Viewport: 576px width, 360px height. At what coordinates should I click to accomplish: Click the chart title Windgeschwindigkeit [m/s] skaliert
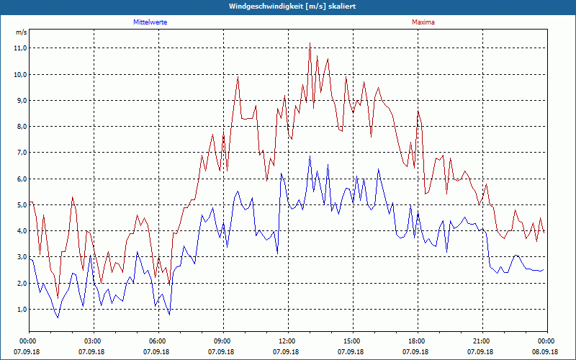pyautogui.click(x=287, y=6)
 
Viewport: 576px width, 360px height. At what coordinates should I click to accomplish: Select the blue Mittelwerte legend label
pyautogui.click(x=150, y=22)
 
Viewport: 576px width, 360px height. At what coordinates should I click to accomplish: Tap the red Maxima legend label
pyautogui.click(x=423, y=22)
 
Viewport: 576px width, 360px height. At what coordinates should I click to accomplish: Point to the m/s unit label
pyautogui.click(x=21, y=32)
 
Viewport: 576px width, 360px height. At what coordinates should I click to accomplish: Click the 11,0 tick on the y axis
pyautogui.click(x=20, y=48)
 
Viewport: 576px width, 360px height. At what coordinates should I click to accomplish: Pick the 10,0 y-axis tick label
pyautogui.click(x=20, y=74)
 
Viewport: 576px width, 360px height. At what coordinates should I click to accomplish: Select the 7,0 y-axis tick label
pyautogui.click(x=20, y=153)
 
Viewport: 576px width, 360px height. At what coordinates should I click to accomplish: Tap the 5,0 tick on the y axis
pyautogui.click(x=20, y=205)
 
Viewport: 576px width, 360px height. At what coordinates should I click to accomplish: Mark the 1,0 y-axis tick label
pyautogui.click(x=20, y=310)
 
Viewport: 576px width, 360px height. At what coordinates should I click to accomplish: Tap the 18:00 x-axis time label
pyautogui.click(x=416, y=341)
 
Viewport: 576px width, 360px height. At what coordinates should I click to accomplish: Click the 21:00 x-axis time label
pyautogui.click(x=481, y=341)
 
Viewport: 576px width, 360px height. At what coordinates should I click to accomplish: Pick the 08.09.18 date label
pyautogui.click(x=546, y=352)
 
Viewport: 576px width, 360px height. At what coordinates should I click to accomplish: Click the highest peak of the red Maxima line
pyautogui.click(x=310, y=43)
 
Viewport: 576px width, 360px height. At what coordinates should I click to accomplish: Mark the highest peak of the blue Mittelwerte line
pyautogui.click(x=310, y=156)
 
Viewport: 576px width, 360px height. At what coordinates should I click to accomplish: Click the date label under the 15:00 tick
pyautogui.click(x=351, y=352)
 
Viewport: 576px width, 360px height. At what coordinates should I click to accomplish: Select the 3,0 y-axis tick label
pyautogui.click(x=20, y=257)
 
